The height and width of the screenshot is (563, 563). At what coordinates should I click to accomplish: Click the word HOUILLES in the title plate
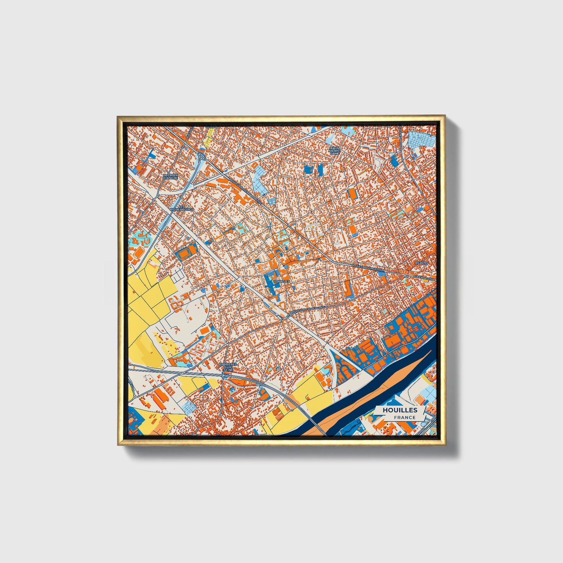point(400,410)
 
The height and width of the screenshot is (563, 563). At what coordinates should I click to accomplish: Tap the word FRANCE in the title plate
point(404,418)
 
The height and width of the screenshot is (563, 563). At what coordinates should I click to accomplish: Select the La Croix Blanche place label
point(170,176)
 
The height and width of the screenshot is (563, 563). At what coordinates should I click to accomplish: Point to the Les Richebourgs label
point(182,208)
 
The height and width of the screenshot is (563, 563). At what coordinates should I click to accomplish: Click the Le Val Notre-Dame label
point(334,151)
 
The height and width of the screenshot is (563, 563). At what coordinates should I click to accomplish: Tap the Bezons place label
point(421,263)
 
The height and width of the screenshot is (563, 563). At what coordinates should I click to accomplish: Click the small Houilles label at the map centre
point(282,281)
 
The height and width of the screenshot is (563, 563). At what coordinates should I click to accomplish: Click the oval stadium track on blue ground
point(185,253)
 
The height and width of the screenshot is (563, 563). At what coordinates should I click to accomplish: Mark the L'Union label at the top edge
point(213,126)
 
